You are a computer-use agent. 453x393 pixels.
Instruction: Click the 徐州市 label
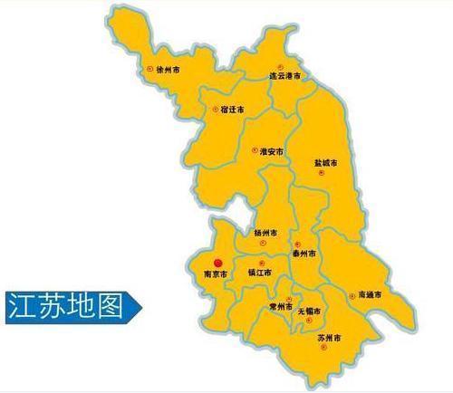[x=170, y=69]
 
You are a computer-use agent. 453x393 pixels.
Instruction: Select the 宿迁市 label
[x=232, y=110]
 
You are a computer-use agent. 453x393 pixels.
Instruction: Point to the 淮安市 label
[x=271, y=151]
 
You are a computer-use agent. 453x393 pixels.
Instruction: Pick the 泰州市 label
[x=304, y=255]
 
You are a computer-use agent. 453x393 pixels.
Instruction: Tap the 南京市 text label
[x=217, y=272]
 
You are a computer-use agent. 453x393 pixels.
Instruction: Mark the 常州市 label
[x=279, y=307]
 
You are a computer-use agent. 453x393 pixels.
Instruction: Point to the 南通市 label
[x=370, y=295]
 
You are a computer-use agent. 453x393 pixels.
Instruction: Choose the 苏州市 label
[x=329, y=339]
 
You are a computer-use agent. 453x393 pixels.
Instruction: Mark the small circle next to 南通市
[x=351, y=294]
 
